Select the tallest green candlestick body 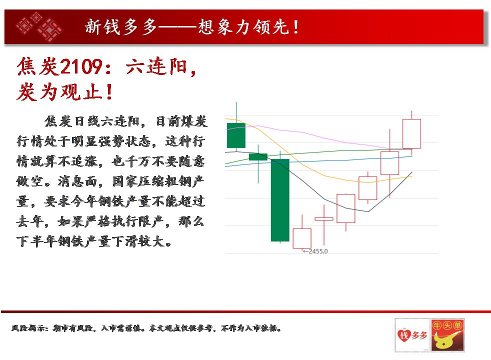pos(280,200)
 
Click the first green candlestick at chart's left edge pos(236,135)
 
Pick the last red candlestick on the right pos(412,133)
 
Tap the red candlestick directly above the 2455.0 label pos(302,238)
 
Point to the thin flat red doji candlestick pos(324,219)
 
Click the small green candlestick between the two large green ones pos(258,157)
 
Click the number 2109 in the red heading pos(81,66)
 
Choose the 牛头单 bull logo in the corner pos(447,335)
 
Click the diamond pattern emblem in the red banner pos(39,26)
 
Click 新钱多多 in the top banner pos(121,26)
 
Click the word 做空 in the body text pos(29,181)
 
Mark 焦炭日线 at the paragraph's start pos(71,121)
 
